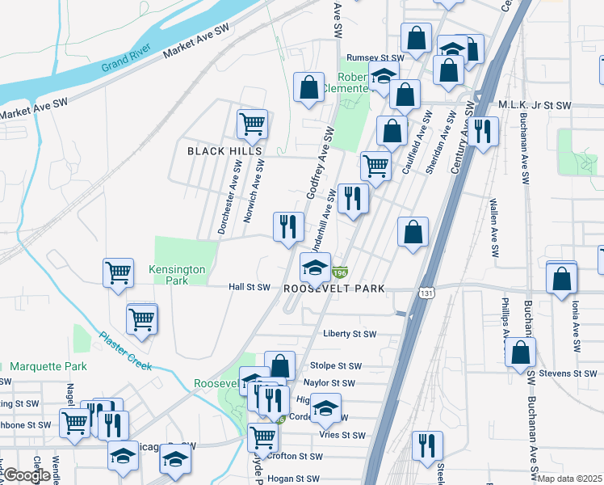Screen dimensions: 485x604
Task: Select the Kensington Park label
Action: (177, 275)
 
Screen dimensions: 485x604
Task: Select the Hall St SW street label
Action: (249, 287)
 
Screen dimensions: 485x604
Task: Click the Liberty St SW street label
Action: (350, 334)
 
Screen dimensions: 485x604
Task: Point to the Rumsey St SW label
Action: (374, 58)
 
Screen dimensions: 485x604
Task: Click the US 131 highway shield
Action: (425, 293)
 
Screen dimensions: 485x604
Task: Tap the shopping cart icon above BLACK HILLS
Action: (252, 124)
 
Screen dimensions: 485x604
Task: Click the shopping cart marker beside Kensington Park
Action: (118, 272)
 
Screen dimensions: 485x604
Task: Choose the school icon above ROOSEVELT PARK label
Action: (315, 268)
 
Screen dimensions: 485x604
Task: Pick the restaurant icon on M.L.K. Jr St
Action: (484, 130)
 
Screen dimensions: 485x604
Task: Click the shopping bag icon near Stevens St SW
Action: (521, 352)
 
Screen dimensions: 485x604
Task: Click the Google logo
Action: (26, 475)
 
